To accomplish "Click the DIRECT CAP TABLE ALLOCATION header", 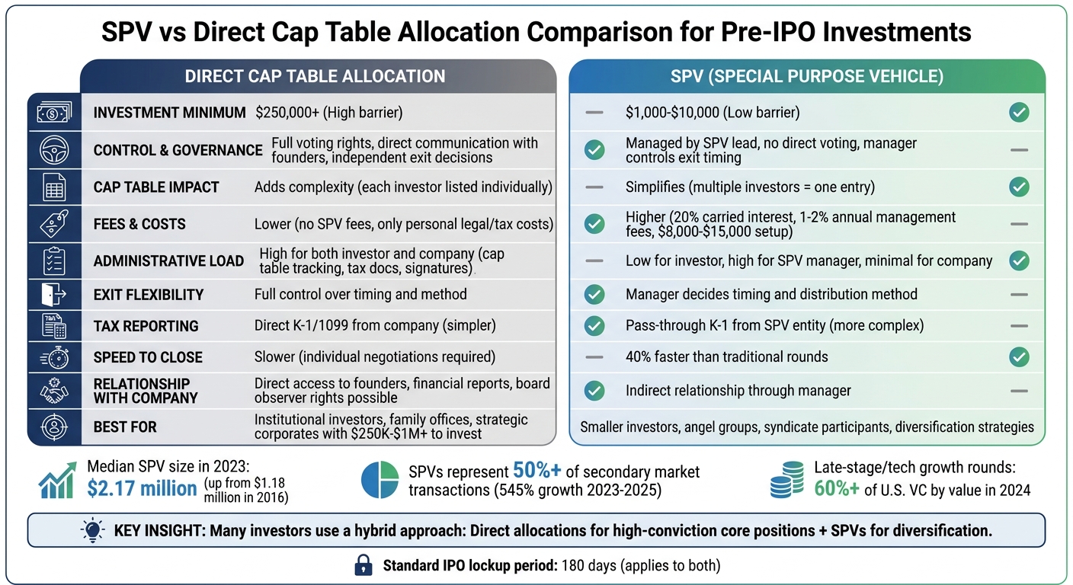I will click(315, 76).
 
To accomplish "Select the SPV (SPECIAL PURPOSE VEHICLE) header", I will click(806, 76).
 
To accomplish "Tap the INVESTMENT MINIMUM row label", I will click(169, 113).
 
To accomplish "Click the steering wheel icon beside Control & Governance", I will click(53, 150).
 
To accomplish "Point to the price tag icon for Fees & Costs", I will click(53, 224).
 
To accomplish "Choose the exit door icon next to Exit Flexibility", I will click(53, 295).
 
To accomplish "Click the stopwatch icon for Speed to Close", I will click(53, 357).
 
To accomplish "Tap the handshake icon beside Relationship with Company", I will click(53, 391).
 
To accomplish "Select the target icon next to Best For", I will click(53, 427).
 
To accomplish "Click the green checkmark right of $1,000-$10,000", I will click(1018, 113).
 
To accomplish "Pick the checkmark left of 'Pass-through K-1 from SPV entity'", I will click(594, 326).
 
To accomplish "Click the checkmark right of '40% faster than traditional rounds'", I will click(1018, 356).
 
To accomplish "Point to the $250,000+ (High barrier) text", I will click(328, 113).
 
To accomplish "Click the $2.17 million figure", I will click(142, 488).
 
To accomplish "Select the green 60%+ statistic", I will click(836, 489).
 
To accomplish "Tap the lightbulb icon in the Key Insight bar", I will click(92, 530).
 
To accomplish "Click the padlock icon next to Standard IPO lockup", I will click(364, 565).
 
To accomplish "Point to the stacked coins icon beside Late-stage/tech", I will click(786, 480).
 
